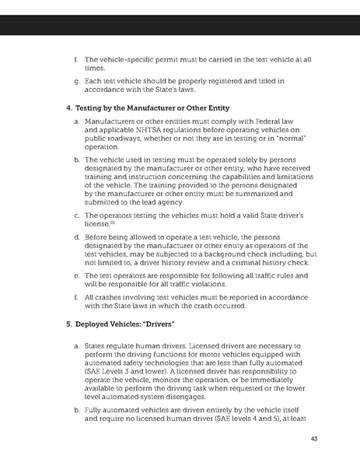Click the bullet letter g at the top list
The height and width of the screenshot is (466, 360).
pyautogui.click(x=75, y=80)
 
